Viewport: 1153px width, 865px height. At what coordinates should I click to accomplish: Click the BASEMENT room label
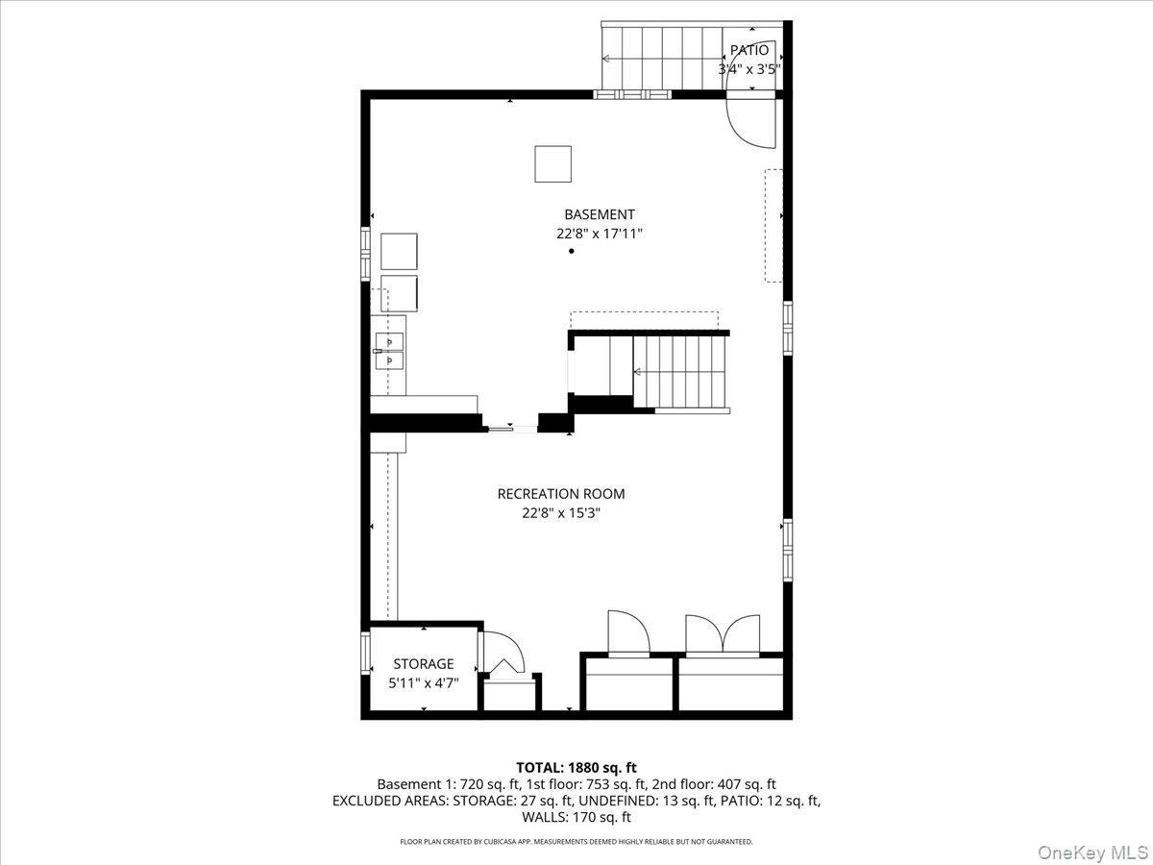pyautogui.click(x=599, y=214)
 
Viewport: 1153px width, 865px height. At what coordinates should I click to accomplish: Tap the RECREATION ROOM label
pyautogui.click(x=560, y=494)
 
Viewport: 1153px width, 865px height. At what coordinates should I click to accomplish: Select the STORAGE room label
pyautogui.click(x=423, y=664)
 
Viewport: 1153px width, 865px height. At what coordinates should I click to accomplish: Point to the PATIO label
pyautogui.click(x=748, y=50)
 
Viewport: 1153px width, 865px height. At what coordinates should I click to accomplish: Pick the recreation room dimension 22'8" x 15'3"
pyautogui.click(x=560, y=513)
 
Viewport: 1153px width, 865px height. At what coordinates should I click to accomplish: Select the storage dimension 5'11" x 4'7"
pyautogui.click(x=423, y=682)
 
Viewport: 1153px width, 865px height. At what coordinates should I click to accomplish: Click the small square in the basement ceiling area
pyautogui.click(x=553, y=163)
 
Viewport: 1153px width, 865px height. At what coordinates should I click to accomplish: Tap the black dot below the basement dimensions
pyautogui.click(x=572, y=251)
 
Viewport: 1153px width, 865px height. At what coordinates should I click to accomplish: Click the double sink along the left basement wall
pyautogui.click(x=389, y=351)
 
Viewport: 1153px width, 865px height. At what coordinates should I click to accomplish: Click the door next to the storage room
pyautogui.click(x=502, y=654)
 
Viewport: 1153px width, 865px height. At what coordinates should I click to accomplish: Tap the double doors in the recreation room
pyautogui.click(x=723, y=634)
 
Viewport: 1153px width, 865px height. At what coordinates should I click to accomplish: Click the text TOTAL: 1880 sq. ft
pyautogui.click(x=576, y=767)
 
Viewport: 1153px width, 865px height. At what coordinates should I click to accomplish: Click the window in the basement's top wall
pyautogui.click(x=631, y=94)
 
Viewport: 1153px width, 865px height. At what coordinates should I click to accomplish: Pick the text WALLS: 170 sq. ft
pyautogui.click(x=576, y=817)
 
